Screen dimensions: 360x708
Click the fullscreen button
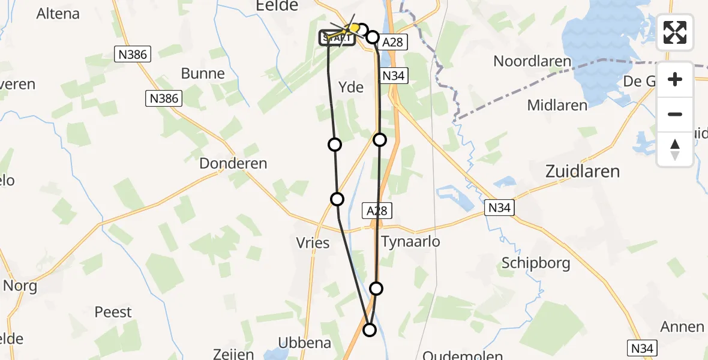click(675, 32)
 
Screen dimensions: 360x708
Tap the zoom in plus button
click(675, 79)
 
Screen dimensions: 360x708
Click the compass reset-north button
click(675, 149)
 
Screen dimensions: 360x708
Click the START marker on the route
click(337, 38)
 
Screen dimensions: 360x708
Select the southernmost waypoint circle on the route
click(370, 329)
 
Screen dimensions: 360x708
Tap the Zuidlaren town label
click(582, 172)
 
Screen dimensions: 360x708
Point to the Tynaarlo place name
click(411, 241)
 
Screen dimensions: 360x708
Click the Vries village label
click(313, 243)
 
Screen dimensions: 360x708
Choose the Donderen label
click(233, 163)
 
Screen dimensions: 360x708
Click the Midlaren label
click(557, 106)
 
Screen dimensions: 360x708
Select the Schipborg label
click(536, 263)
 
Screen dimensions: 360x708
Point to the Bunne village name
click(203, 74)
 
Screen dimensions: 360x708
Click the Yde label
click(351, 88)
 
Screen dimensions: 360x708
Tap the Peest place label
click(113, 312)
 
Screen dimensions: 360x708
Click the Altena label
click(58, 14)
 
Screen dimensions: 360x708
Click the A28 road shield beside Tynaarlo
click(377, 210)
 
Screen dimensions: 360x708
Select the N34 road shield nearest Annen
click(643, 347)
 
